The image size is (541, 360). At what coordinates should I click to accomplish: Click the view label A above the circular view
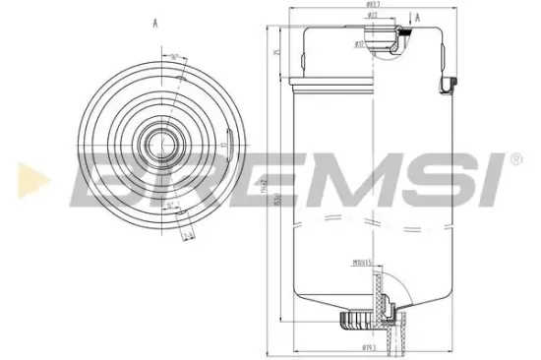pyautogui.click(x=155, y=22)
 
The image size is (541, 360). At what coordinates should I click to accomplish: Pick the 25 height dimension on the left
pyautogui.click(x=279, y=52)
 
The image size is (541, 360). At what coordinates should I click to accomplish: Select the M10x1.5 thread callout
pyautogui.click(x=363, y=264)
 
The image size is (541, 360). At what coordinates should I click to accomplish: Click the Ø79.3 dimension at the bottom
pyautogui.click(x=369, y=348)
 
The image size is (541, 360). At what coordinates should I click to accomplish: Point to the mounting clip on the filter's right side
pyautogui.click(x=450, y=85)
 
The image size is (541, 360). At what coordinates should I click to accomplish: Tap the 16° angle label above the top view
pyautogui.click(x=175, y=57)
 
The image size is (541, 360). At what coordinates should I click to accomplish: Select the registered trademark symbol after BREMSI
pyautogui.click(x=515, y=158)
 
